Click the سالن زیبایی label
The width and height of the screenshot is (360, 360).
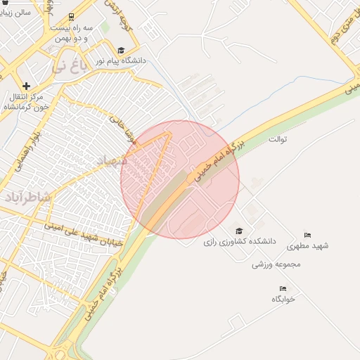point(15,12)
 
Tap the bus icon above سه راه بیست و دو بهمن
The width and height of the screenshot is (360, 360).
point(71,17)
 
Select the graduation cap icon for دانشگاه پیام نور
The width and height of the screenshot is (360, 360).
point(121,50)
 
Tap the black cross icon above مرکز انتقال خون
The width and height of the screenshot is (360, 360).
point(27,86)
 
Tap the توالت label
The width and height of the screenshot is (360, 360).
point(278,139)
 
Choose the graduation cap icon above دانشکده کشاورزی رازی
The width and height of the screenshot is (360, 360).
point(239,231)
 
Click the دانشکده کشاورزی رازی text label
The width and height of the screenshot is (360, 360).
point(240,241)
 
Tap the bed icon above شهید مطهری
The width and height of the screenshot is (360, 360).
point(307,235)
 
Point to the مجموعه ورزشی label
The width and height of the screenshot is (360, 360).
point(276,264)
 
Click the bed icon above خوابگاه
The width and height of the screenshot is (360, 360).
point(283,288)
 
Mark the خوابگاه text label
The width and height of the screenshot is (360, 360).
point(283,299)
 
